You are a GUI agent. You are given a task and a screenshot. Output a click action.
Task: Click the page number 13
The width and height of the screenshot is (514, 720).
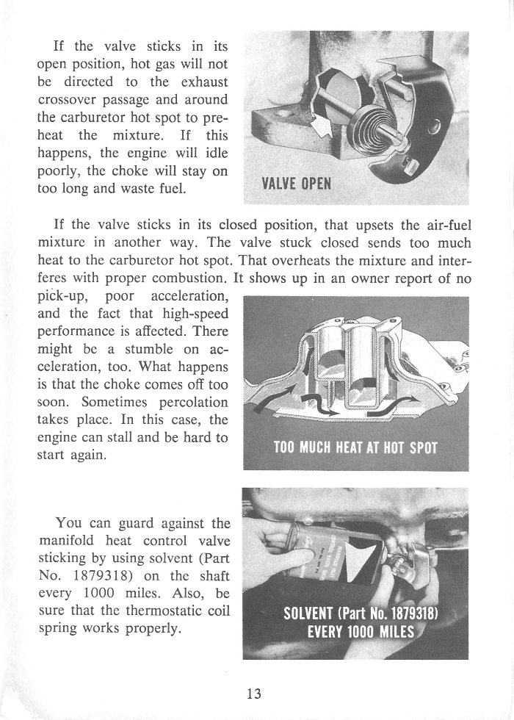pos(256,693)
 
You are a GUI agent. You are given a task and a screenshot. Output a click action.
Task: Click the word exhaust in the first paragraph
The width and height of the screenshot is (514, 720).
pos(203,81)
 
